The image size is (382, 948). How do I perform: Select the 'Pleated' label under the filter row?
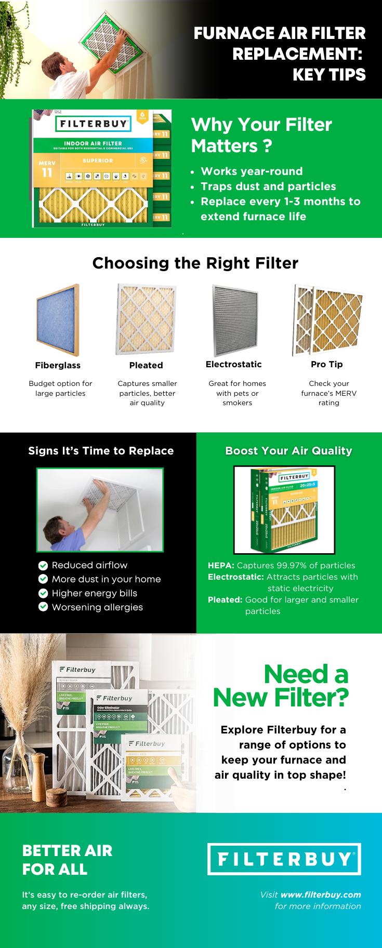click(x=146, y=365)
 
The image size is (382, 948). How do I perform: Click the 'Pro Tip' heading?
click(x=326, y=364)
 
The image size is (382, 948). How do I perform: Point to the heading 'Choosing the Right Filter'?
click(x=195, y=263)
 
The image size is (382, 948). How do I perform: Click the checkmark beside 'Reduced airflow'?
click(x=43, y=565)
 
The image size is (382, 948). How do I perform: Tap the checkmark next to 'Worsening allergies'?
click(x=43, y=607)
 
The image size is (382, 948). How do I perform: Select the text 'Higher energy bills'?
click(x=94, y=593)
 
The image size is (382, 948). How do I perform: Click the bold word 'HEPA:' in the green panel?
click(x=221, y=565)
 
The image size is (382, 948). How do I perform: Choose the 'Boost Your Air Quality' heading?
click(x=288, y=451)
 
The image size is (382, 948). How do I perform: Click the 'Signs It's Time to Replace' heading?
click(x=101, y=451)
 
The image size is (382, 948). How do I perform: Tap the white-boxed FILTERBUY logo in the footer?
click(x=284, y=859)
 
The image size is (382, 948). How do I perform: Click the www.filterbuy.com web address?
click(x=320, y=894)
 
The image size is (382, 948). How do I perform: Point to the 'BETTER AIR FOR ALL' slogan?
click(x=67, y=860)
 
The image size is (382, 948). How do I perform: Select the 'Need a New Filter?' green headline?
click(x=280, y=686)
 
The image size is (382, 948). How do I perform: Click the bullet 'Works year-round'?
click(x=252, y=171)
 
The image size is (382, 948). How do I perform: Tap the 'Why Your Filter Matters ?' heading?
click(x=261, y=135)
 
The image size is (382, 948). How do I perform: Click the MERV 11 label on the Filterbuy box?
click(x=47, y=169)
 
